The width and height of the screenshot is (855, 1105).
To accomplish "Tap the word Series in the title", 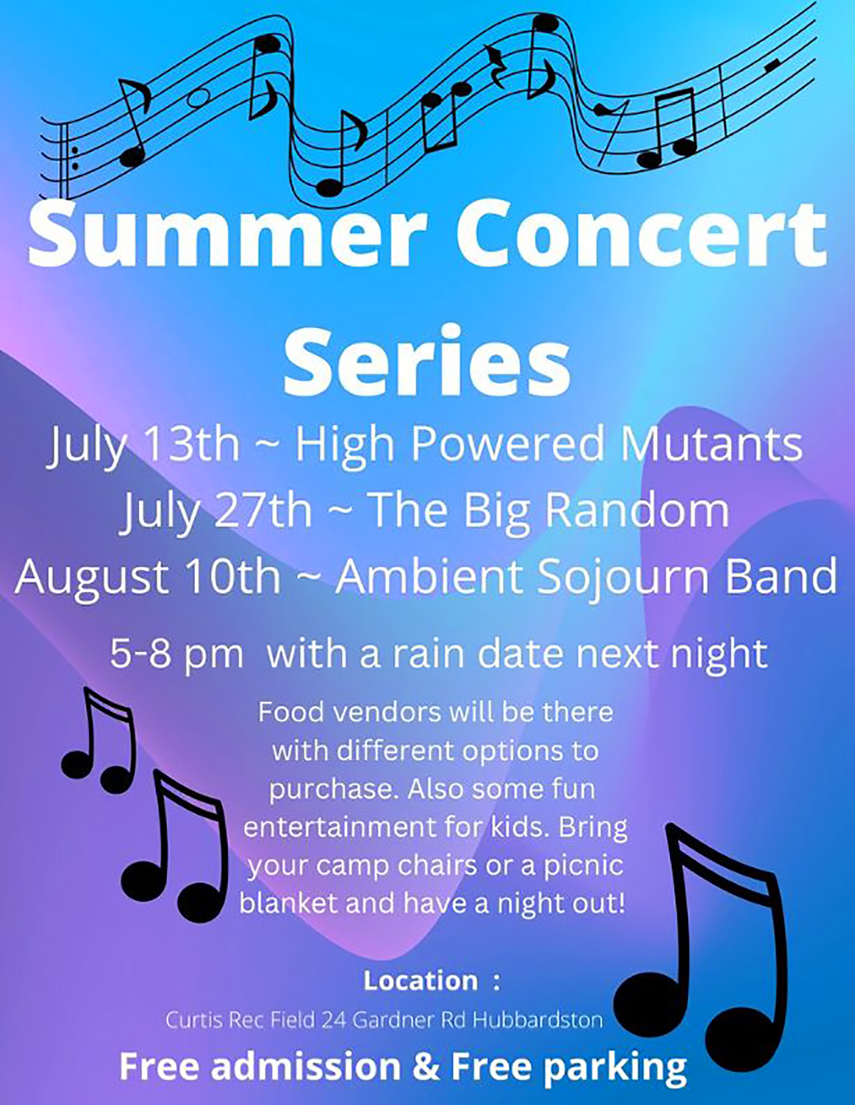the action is click(x=427, y=362).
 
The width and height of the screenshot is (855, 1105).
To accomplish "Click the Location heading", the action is click(x=420, y=981).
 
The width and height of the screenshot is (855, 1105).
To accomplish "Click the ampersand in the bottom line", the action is click(x=426, y=1066).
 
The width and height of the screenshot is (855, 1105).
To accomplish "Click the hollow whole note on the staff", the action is click(x=198, y=98).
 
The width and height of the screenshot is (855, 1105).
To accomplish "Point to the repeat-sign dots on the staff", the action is click(x=75, y=158).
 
